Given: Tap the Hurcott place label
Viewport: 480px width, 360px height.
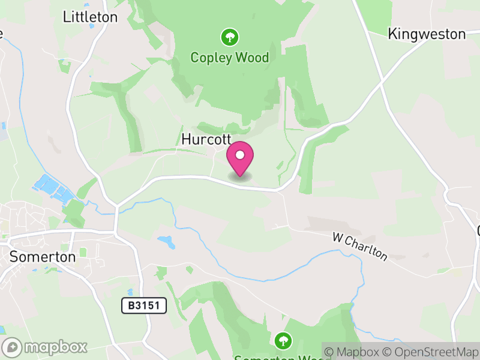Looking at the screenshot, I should point(206,139).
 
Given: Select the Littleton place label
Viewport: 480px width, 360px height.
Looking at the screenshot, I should point(90,17).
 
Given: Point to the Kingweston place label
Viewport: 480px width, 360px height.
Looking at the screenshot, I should point(427,34).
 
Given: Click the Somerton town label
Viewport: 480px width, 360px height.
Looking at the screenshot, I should point(43,257).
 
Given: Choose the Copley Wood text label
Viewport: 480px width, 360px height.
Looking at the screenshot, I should point(229,58).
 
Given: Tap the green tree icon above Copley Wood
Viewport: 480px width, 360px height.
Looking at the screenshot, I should point(229,38).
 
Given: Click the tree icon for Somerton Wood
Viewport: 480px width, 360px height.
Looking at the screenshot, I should point(283,341).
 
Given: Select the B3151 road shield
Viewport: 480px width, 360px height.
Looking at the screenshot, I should point(144,305).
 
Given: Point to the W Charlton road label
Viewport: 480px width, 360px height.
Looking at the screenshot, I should point(360,247).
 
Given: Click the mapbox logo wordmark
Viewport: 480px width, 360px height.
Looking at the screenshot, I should point(55,347).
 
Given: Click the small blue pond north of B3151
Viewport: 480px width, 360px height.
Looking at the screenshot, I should point(167,242).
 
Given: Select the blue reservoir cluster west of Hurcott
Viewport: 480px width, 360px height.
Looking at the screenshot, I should point(54,187).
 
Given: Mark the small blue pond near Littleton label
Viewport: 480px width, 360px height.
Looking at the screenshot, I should point(91,26).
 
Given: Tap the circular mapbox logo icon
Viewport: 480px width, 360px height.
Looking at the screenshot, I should point(12,347).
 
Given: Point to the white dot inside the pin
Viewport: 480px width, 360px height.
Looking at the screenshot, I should point(240,155).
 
